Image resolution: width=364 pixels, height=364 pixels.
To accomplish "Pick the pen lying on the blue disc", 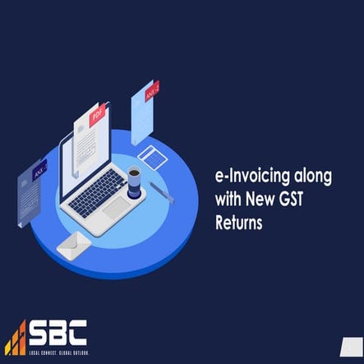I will pos(162,192).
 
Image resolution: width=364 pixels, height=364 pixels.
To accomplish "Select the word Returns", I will pos(238,221).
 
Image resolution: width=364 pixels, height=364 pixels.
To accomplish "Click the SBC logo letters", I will pos(58,334).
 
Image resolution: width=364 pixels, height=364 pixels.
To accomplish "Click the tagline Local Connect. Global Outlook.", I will pos(58,352).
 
